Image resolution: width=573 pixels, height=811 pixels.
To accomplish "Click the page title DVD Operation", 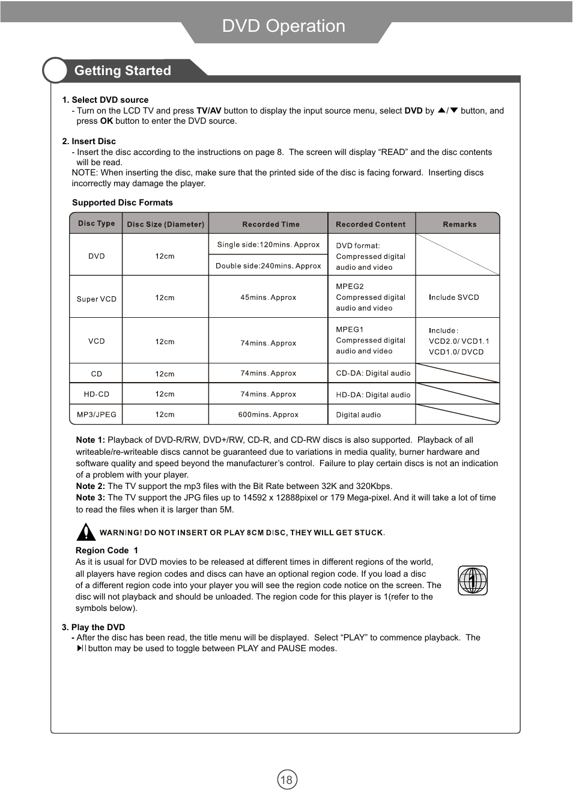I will click(x=283, y=26).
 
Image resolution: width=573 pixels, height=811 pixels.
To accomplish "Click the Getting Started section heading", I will click(x=123, y=71).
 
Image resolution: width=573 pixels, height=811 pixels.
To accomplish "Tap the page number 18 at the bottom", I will click(x=287, y=780).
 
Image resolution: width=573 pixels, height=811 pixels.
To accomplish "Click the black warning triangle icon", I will click(x=86, y=532).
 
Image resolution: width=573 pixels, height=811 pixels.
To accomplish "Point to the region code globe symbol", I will click(x=473, y=580).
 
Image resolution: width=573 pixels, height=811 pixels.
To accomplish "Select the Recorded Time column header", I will click(x=271, y=224).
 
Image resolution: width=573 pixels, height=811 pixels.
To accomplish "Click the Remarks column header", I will click(x=459, y=224).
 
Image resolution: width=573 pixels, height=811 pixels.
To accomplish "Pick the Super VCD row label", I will click(x=96, y=299).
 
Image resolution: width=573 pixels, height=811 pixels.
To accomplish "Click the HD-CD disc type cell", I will click(x=96, y=394).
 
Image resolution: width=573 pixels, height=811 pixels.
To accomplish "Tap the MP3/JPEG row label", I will click(x=96, y=415).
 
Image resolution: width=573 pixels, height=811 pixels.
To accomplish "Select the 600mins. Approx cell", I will click(x=268, y=415).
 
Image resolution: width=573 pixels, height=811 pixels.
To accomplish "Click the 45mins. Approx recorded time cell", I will click(x=268, y=297).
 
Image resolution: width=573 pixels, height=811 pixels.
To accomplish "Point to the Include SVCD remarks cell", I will click(x=453, y=297).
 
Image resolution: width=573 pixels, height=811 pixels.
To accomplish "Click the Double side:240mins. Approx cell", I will click(x=268, y=266).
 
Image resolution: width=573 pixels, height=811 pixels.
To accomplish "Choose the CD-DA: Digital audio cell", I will click(x=373, y=373).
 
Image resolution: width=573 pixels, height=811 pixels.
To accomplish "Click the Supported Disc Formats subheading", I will click(x=123, y=202).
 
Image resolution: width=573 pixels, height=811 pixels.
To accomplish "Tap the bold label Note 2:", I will click(x=90, y=486).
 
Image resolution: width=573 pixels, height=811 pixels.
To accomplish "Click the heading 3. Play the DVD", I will click(x=94, y=627).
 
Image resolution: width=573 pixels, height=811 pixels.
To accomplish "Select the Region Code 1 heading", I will click(x=106, y=550).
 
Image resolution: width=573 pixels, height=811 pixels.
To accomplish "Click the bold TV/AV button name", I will click(x=209, y=111).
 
